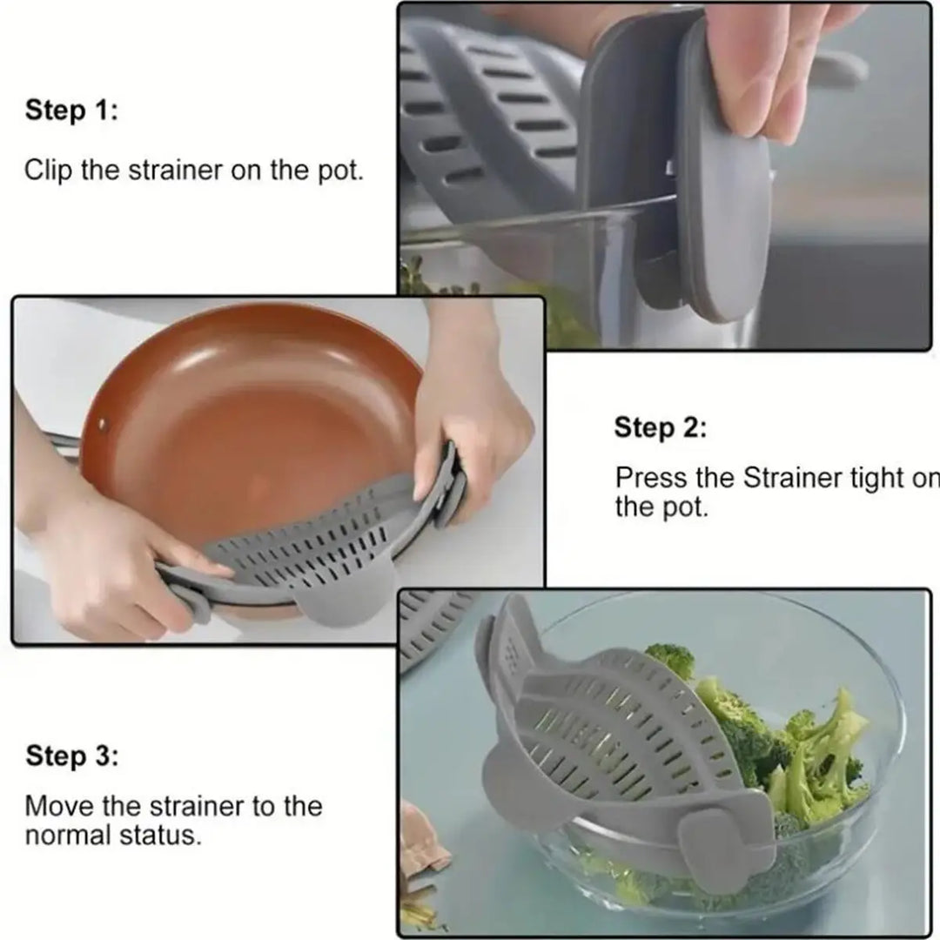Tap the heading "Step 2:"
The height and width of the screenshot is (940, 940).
tap(661, 428)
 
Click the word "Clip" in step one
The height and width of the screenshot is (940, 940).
tap(48, 169)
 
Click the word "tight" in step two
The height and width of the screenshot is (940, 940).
tap(878, 479)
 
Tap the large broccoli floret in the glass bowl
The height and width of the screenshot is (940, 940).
tap(818, 749)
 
